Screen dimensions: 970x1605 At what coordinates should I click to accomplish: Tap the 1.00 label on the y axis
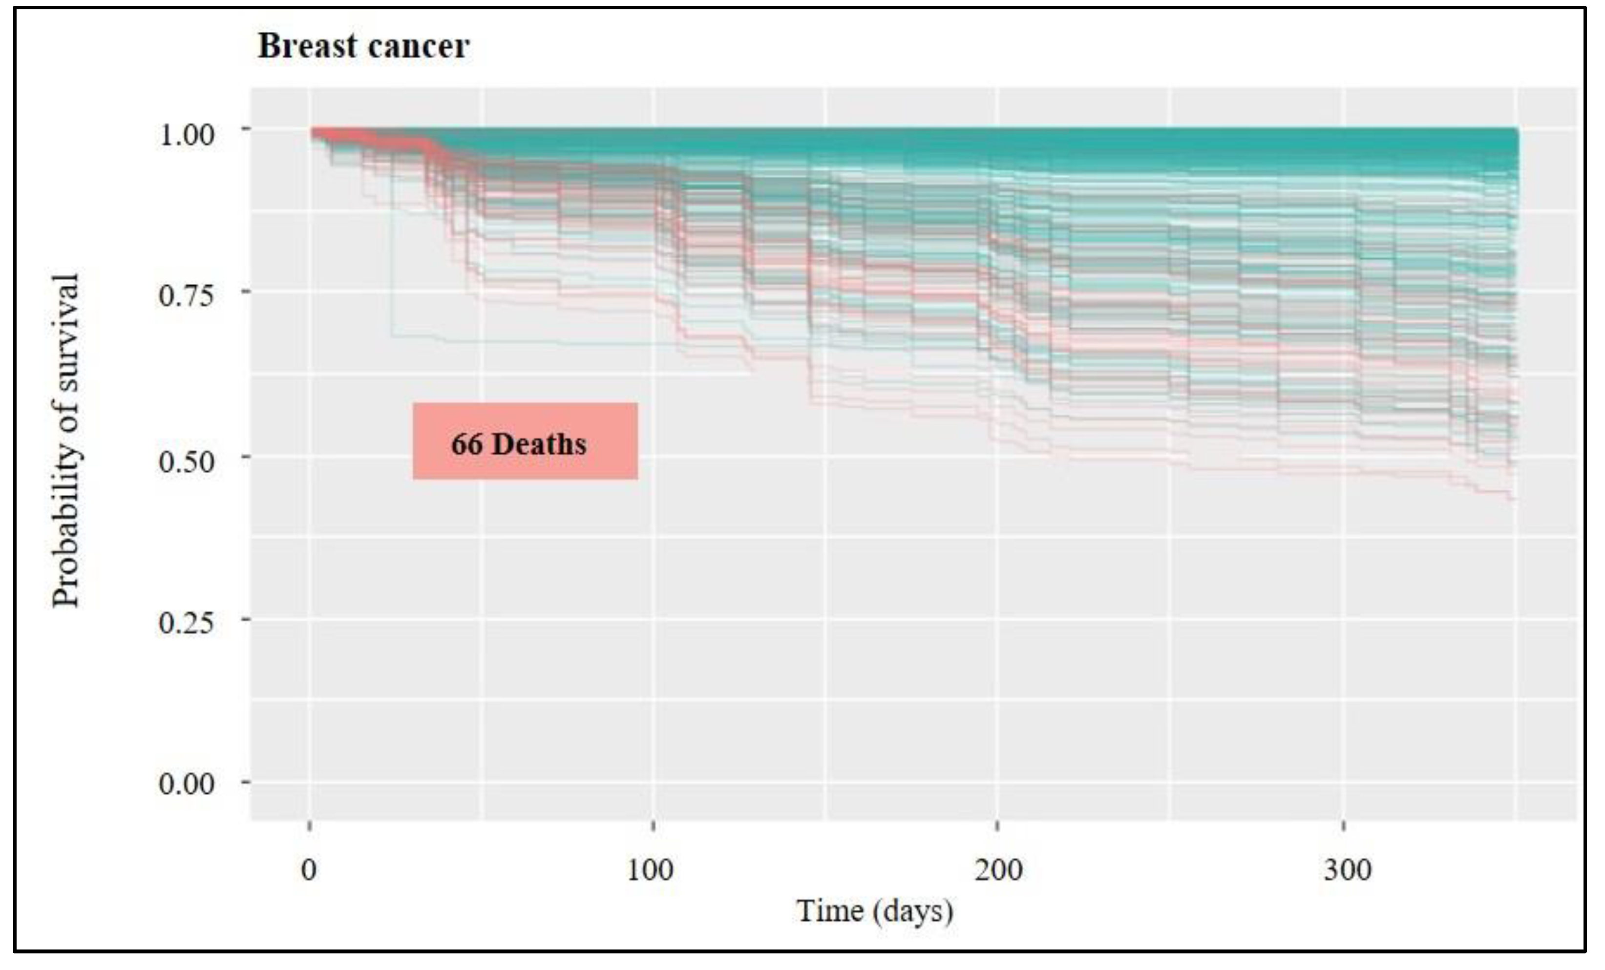coord(186,135)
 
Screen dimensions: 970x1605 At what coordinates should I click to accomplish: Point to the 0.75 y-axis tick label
coord(186,296)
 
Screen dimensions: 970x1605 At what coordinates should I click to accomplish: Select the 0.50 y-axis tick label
coord(186,461)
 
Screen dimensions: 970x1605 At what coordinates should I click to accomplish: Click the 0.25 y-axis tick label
coord(186,622)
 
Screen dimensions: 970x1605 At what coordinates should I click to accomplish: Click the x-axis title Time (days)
coord(874,911)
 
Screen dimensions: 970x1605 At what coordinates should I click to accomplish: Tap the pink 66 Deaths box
coord(525,441)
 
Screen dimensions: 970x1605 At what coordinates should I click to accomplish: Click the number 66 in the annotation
coord(466,445)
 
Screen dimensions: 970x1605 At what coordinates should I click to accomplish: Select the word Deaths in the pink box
coord(539,445)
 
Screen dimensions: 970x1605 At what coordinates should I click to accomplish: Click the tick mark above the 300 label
coord(1344,826)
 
